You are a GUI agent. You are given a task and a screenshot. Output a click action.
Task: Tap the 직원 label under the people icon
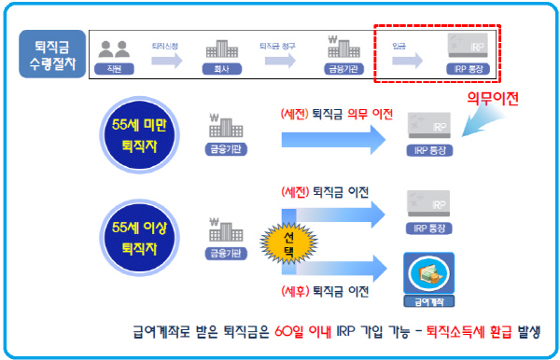coord(115,69)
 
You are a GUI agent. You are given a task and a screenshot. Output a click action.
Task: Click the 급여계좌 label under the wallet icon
coord(427,301)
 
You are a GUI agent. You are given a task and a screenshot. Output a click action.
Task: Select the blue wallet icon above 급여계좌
coord(427,271)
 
